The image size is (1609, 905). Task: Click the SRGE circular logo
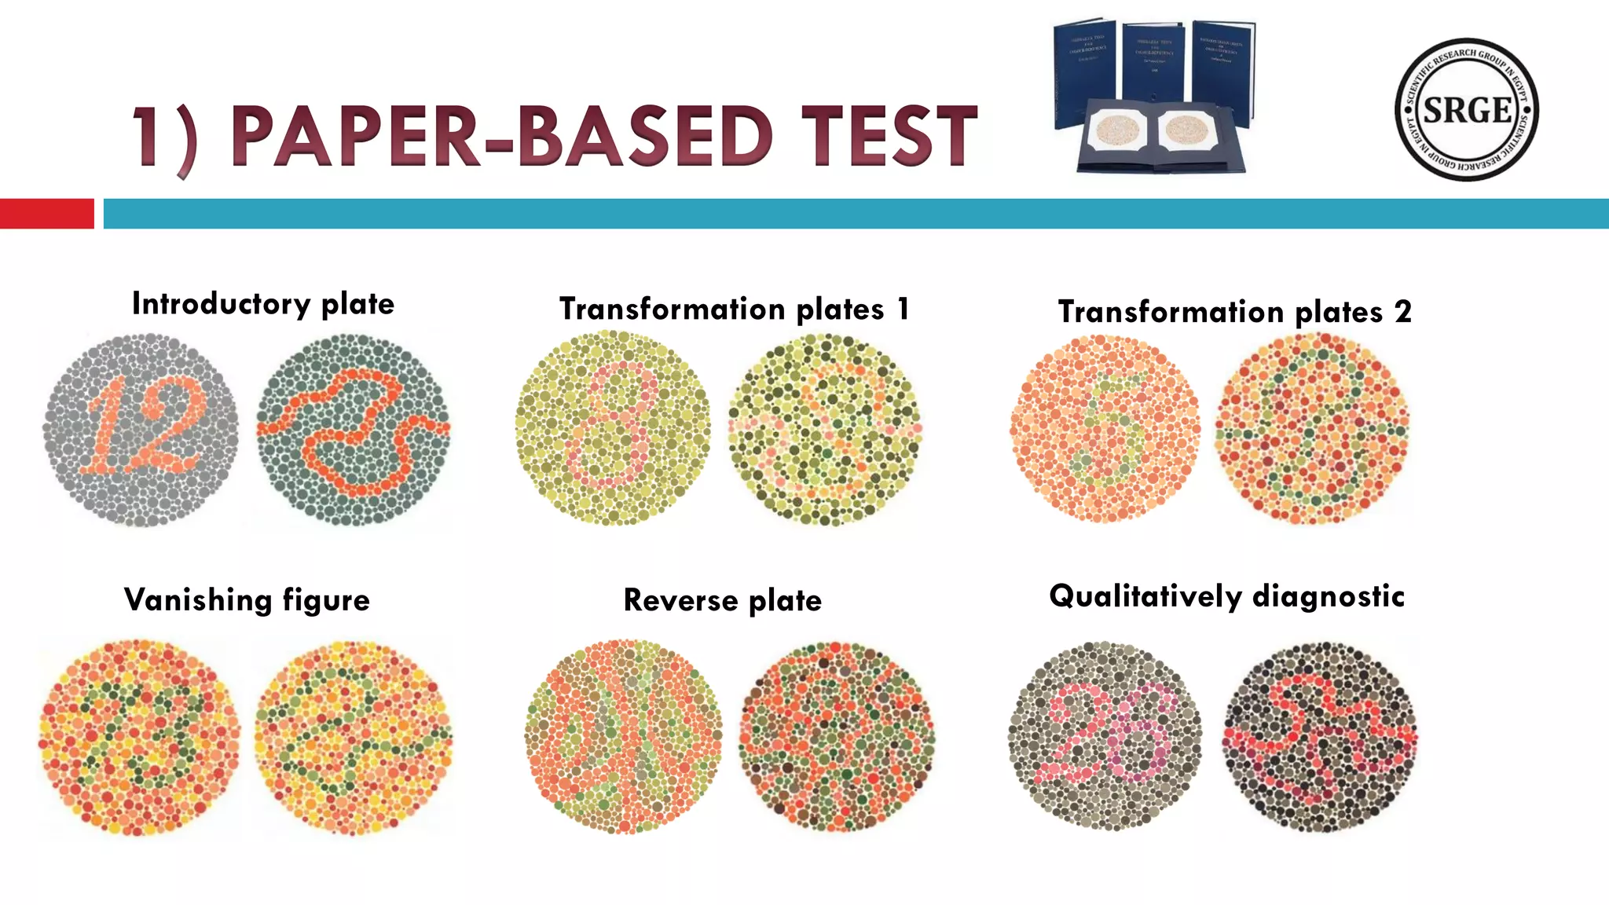click(x=1466, y=109)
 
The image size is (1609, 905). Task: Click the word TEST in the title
click(x=889, y=137)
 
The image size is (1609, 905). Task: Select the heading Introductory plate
click(x=263, y=304)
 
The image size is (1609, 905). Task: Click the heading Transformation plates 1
click(x=734, y=309)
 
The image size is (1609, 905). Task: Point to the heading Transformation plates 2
click(x=1234, y=312)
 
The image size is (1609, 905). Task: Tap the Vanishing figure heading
click(x=247, y=600)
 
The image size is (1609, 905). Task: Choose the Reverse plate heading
click(x=722, y=601)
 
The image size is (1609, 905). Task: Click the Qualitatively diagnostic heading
click(x=1226, y=596)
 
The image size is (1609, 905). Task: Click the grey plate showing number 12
click(x=141, y=430)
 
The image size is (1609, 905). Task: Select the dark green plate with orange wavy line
click(x=354, y=430)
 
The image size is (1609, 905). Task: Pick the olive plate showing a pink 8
click(x=613, y=428)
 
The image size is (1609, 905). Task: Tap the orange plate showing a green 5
click(x=1105, y=428)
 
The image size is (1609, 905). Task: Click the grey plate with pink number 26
click(x=1105, y=736)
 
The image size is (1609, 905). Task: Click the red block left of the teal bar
click(x=46, y=214)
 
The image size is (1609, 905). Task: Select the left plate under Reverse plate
click(x=623, y=736)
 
